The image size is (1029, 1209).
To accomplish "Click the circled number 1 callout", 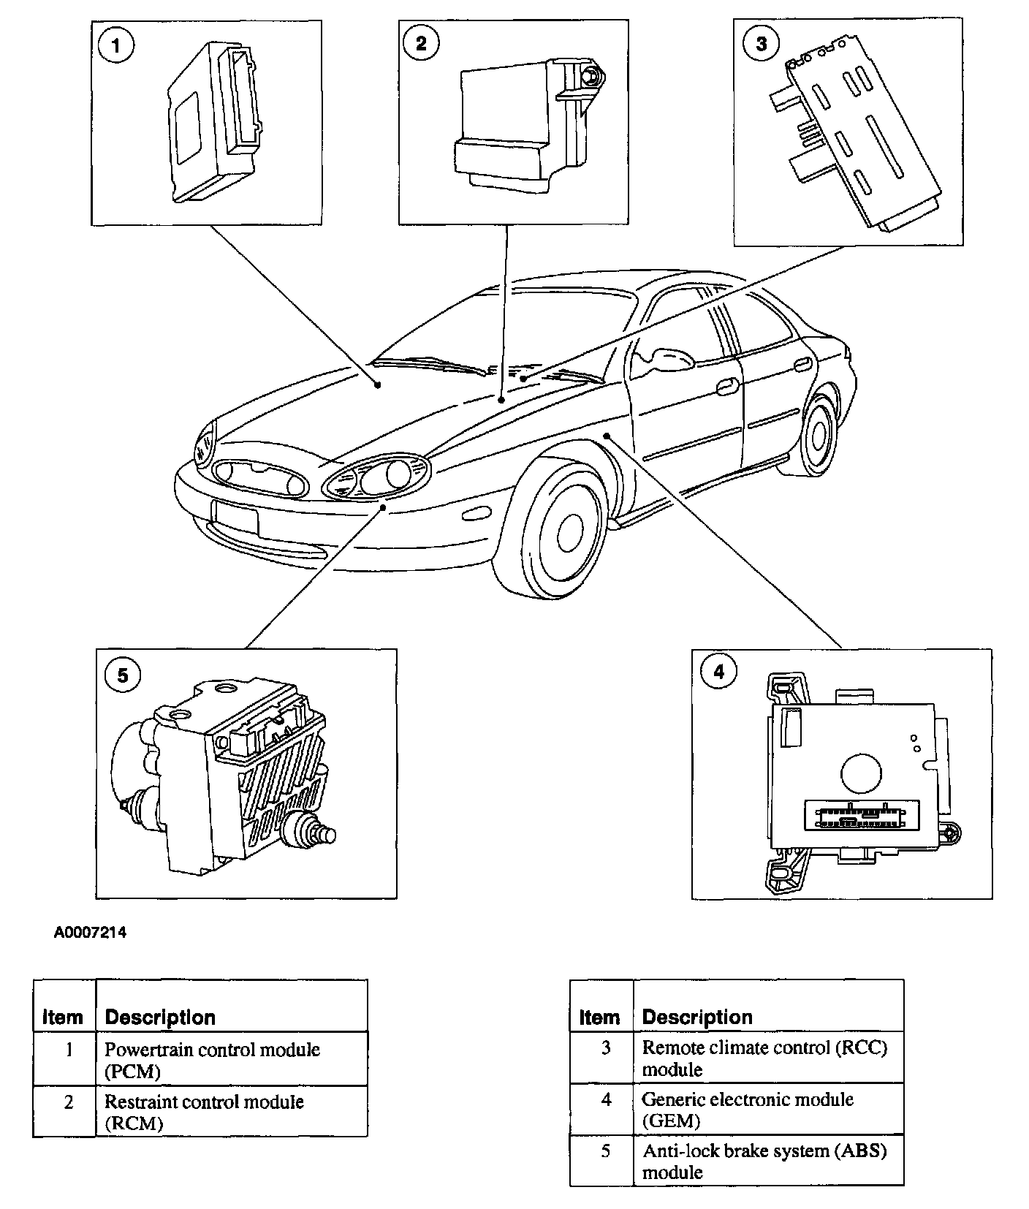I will click(x=114, y=45).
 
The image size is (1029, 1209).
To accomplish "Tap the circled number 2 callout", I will click(x=421, y=43).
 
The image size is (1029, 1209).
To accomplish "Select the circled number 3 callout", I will click(x=761, y=45).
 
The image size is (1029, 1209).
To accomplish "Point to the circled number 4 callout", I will click(x=718, y=671).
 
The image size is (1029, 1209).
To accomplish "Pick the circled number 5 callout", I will click(x=122, y=675).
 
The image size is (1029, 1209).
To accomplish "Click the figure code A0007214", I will click(x=89, y=933).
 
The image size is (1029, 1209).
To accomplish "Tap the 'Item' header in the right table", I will click(x=600, y=1017).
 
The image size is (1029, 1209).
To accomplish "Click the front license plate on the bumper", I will click(x=236, y=518).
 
